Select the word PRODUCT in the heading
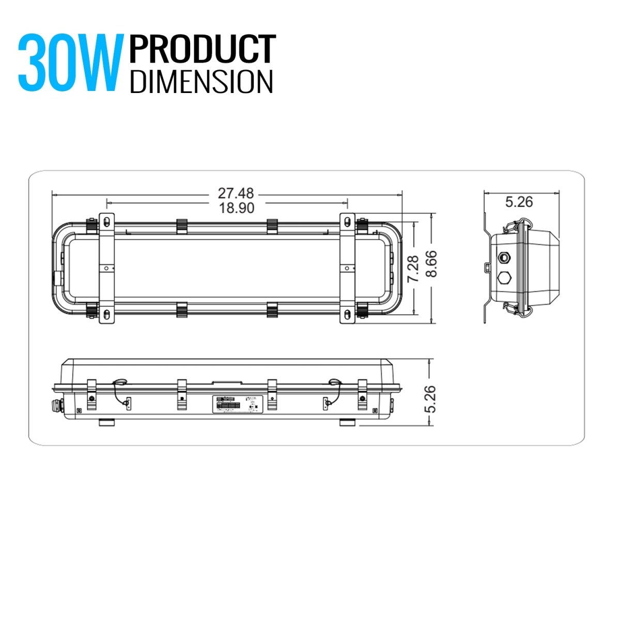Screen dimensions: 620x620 (203, 50)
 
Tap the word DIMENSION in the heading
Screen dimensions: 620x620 (202, 82)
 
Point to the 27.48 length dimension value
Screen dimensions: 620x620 (236, 194)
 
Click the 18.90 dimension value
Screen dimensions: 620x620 (236, 208)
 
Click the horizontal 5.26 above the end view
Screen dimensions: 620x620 (519, 202)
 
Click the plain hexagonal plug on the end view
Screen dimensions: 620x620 (503, 277)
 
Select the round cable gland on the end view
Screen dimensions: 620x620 (503, 256)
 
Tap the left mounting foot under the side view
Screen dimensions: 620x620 (107, 423)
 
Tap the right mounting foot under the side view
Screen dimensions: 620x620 (348, 423)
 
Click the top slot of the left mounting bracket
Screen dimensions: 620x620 (106, 222)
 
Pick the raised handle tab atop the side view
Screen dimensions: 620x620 (227, 383)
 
